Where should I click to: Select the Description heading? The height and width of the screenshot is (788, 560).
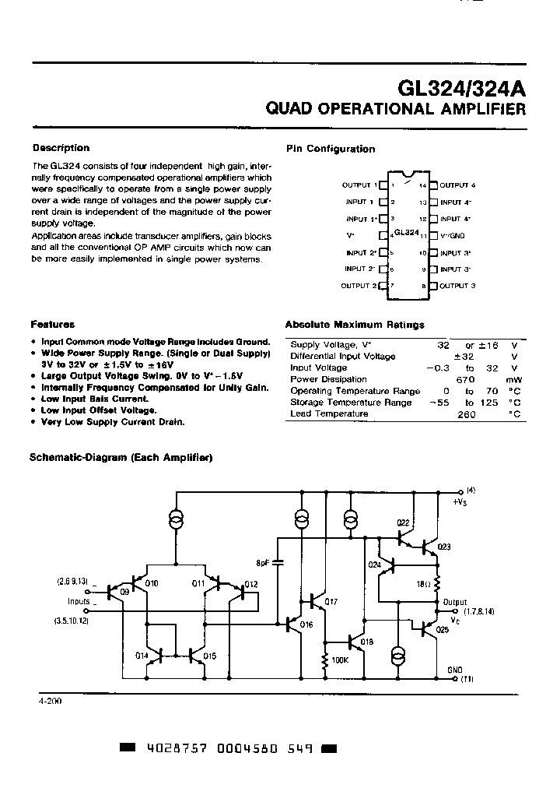coord(61,148)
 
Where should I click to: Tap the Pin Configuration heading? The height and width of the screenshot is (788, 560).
coord(331,149)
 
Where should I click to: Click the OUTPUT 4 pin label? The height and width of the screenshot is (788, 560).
coord(457,185)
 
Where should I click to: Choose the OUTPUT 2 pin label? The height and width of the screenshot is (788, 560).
coord(359,286)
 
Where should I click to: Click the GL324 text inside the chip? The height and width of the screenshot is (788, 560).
coord(407,233)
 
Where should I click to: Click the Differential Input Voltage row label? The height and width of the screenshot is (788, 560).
coord(343,356)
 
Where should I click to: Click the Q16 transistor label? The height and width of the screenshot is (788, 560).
coord(306,624)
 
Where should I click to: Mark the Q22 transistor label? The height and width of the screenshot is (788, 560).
coord(403,522)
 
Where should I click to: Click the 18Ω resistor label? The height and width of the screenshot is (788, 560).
coord(424,583)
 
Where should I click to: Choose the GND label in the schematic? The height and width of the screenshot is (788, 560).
coord(455,669)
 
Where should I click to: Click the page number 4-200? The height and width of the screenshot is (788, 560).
coord(49,701)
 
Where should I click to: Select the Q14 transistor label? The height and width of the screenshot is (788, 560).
coord(142,656)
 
